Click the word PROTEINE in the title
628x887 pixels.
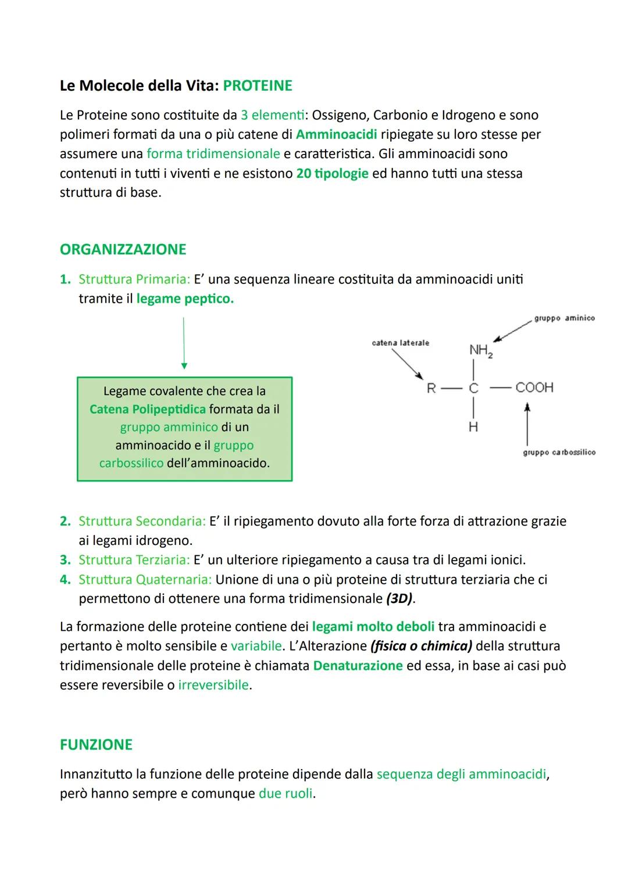[x=258, y=86]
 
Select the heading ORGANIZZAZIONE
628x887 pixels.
[x=123, y=250]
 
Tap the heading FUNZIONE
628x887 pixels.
[x=96, y=745]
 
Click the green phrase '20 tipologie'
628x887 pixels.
[x=332, y=174]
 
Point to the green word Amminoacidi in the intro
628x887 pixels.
[x=336, y=135]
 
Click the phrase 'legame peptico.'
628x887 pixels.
[x=185, y=299]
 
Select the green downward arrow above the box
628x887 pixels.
[x=184, y=343]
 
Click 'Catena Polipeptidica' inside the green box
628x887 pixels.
[x=148, y=410]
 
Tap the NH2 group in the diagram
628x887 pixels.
[x=480, y=350]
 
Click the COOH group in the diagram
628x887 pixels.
[x=534, y=387]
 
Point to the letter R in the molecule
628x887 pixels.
[x=431, y=389]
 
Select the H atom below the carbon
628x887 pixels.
[x=473, y=427]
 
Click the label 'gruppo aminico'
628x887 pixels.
[x=564, y=318]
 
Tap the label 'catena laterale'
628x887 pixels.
[x=400, y=343]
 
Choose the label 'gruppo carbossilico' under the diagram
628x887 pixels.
[x=559, y=453]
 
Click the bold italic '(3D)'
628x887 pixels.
[x=400, y=599]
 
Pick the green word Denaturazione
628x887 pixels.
[x=358, y=666]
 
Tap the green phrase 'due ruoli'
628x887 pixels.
[x=286, y=793]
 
